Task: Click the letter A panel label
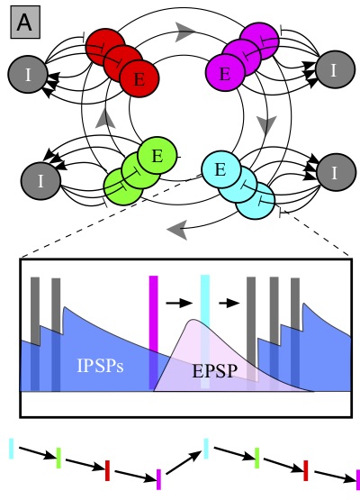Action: click(25, 22)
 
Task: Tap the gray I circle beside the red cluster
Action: click(28, 74)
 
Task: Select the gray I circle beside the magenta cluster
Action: click(335, 69)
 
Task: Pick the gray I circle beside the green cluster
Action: click(40, 181)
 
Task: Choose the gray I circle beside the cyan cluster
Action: click(336, 172)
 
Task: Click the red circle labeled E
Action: click(139, 78)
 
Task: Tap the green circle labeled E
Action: click(157, 156)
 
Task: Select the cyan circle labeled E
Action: click(221, 169)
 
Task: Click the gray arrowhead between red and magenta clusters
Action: click(184, 32)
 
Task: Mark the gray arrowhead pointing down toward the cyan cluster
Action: click(266, 125)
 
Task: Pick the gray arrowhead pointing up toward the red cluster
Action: click(105, 119)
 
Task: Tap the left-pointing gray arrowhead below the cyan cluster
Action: click(177, 229)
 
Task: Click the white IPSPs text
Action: click(101, 366)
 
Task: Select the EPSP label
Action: click(215, 371)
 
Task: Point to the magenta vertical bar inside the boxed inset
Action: click(154, 332)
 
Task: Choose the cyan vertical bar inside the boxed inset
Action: click(205, 332)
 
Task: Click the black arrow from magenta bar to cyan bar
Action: click(179, 303)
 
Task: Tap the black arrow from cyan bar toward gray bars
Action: click(229, 303)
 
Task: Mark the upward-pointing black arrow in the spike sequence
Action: click(184, 462)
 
